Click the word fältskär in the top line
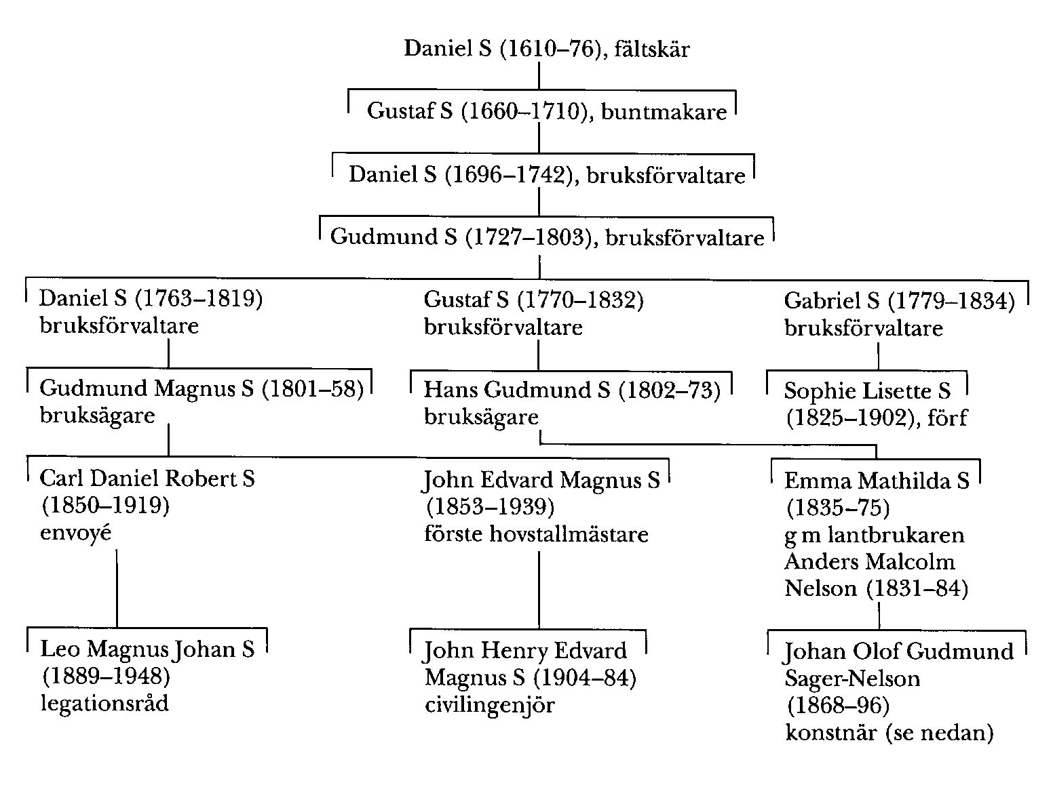[x=651, y=49]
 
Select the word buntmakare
[x=664, y=112]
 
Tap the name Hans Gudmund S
[x=517, y=390]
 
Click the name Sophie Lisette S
[x=867, y=391]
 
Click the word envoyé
[x=75, y=533]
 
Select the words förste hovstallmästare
[x=536, y=534]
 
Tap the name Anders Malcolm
[x=869, y=561]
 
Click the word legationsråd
[x=104, y=703]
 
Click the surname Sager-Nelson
[x=852, y=679]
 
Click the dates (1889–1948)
[x=105, y=676]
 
